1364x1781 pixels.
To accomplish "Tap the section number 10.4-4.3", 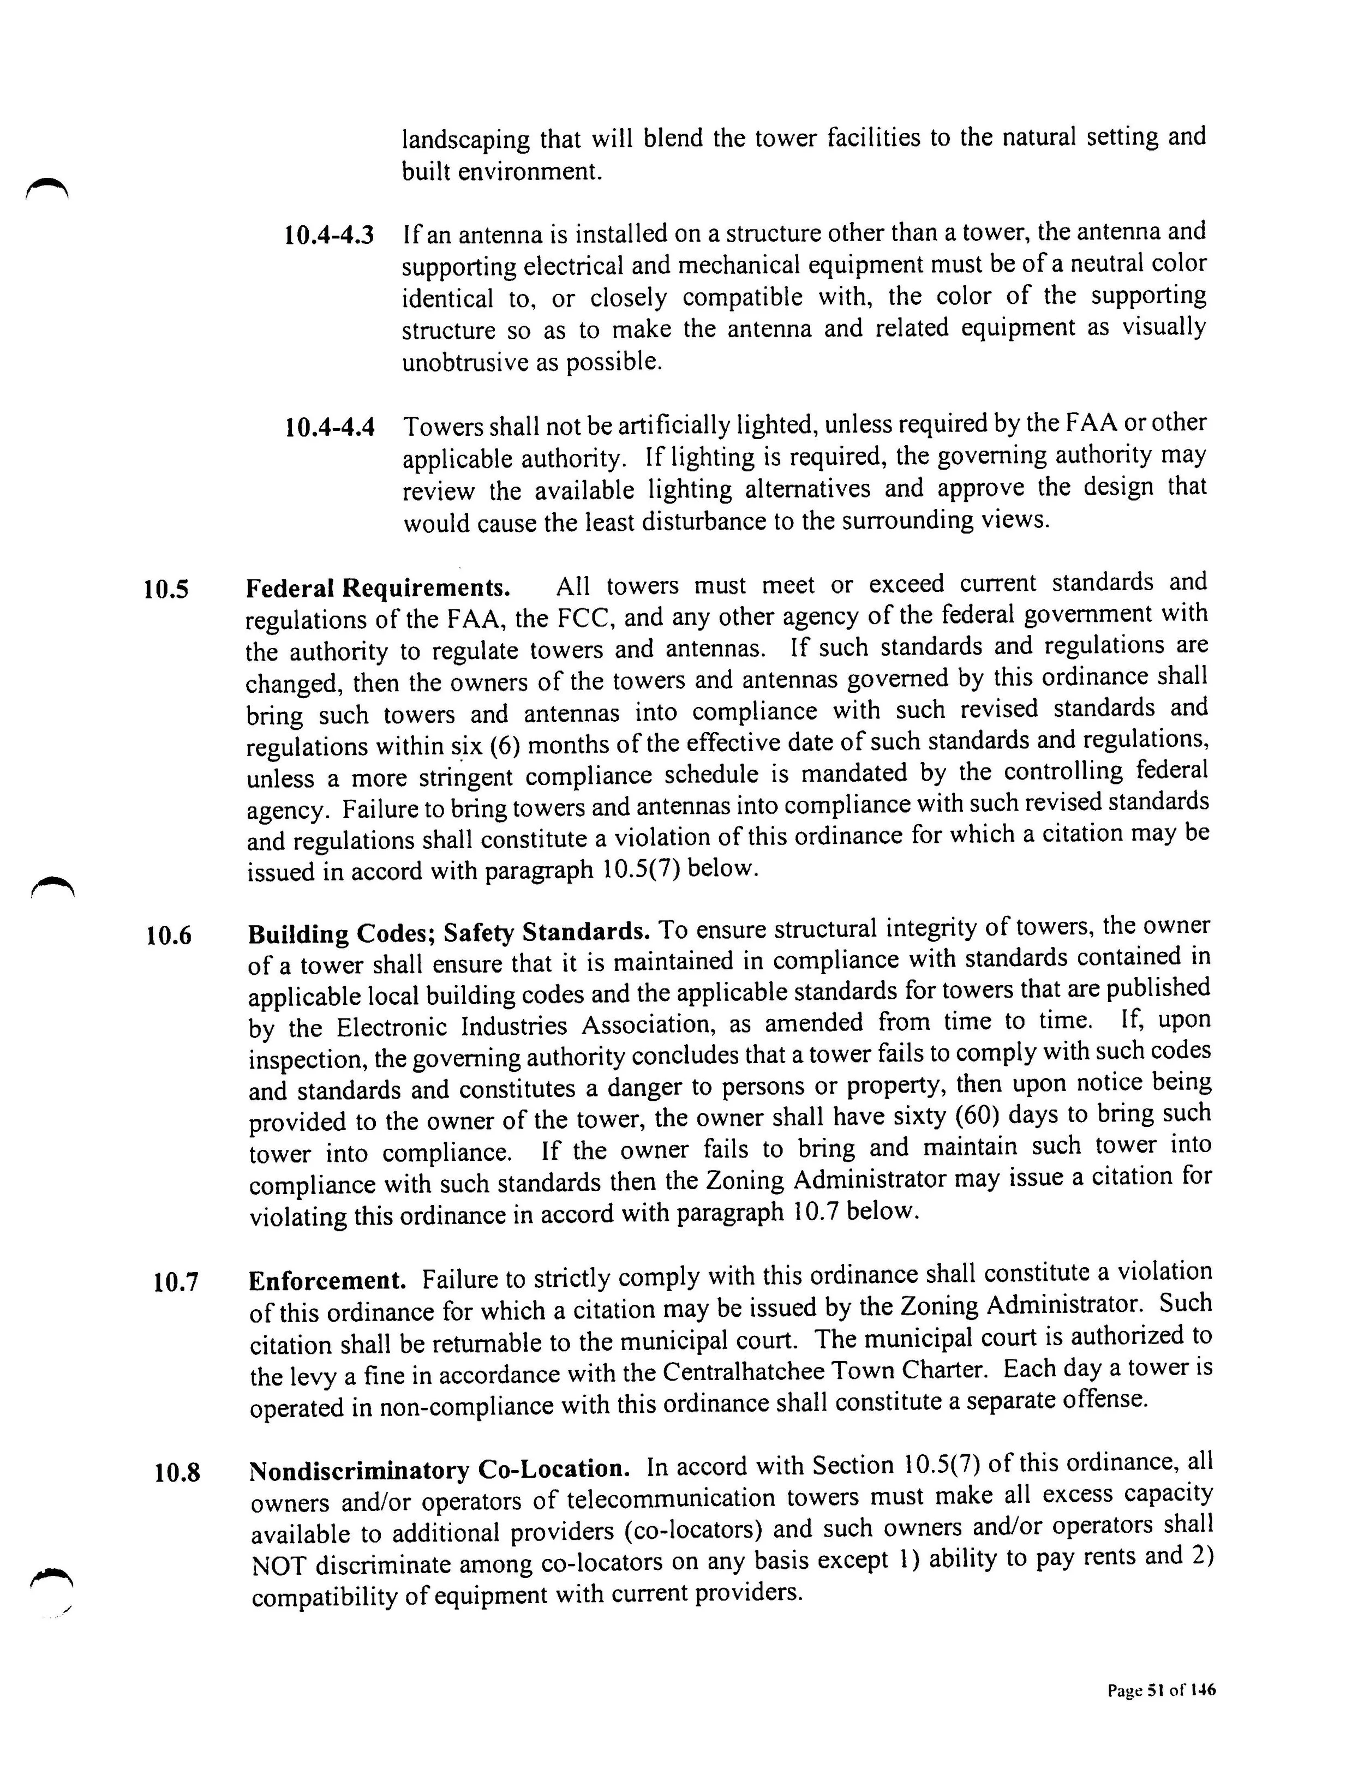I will (x=330, y=236).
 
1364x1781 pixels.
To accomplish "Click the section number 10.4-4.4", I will (x=330, y=427).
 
